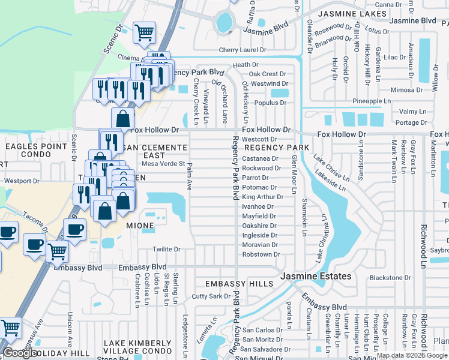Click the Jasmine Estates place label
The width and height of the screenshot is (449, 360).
tap(316, 275)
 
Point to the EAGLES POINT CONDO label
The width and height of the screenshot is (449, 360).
tap(37, 151)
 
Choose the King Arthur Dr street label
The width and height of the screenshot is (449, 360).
tap(262, 197)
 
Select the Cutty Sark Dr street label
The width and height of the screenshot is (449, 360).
tap(211, 296)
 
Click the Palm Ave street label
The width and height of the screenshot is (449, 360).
tap(190, 172)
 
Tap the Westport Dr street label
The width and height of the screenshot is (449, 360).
tap(22, 180)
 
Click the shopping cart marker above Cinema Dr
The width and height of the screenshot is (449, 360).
tap(144, 32)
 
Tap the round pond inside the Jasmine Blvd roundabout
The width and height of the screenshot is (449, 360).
tap(224, 22)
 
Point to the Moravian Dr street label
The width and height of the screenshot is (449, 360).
tap(259, 245)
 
